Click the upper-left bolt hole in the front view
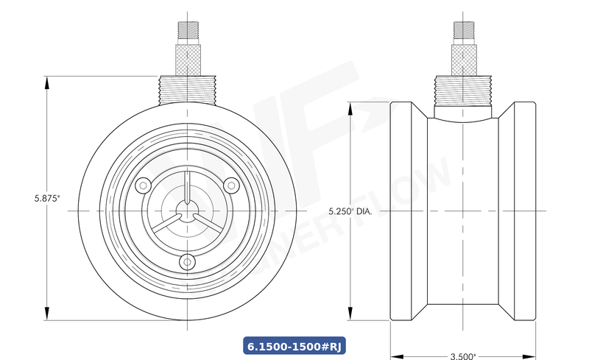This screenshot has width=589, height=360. pos(145,184)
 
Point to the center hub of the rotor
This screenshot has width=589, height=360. pos(188,211)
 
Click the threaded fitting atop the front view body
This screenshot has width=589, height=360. pos(188,88)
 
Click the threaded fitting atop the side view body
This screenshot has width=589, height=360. pos(462,90)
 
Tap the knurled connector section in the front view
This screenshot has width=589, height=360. pos(188,59)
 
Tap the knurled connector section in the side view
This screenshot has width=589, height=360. pos(462,59)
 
